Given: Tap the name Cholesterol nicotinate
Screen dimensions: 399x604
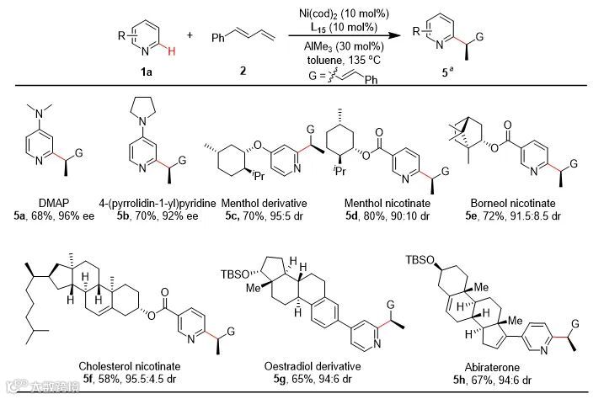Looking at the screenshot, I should [x=126, y=367].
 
